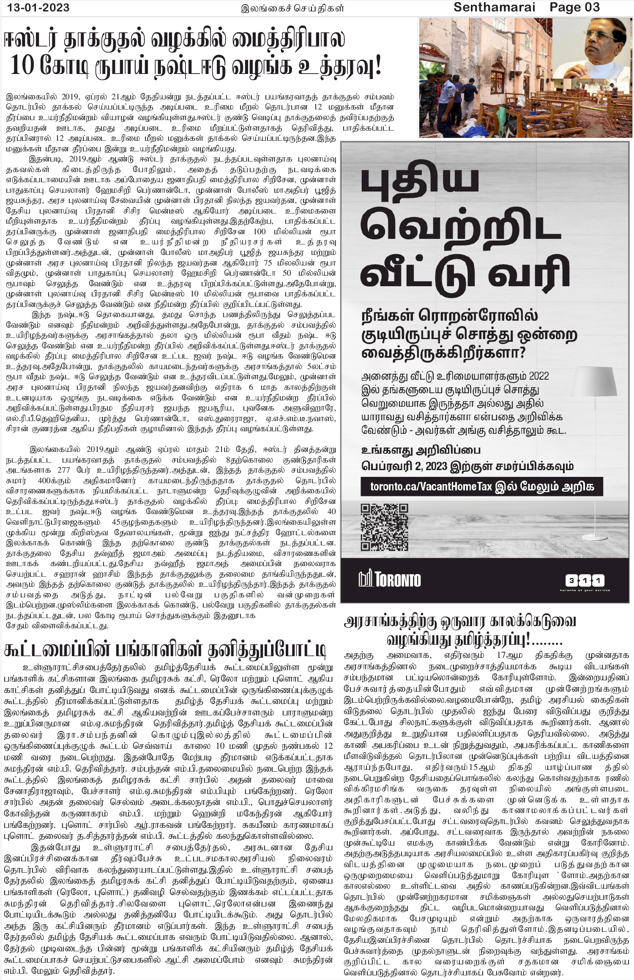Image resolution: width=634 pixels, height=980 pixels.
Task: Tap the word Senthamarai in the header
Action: click(495, 7)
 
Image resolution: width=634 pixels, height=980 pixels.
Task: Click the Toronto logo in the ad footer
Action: click(390, 579)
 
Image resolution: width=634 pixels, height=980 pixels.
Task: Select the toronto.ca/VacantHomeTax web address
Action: click(431, 487)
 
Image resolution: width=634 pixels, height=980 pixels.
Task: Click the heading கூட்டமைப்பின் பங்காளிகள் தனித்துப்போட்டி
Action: click(165, 650)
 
